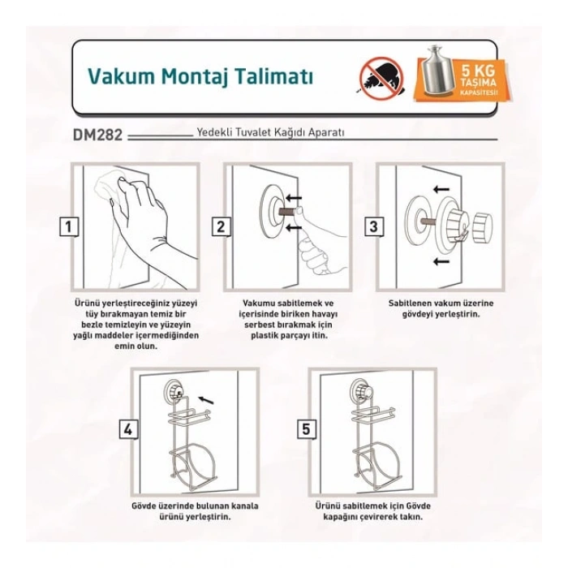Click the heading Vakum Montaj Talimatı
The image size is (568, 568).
[x=199, y=76]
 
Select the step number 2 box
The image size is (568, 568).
[x=219, y=227]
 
